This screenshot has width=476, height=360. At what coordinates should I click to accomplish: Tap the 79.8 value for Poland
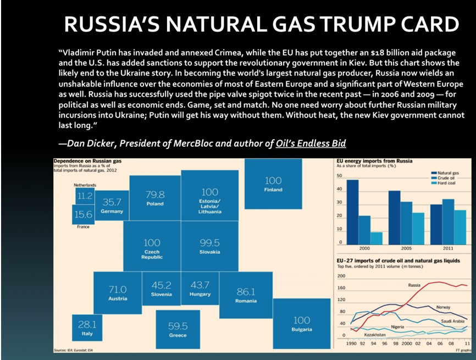(x=155, y=195)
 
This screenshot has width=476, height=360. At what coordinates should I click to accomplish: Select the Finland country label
(x=273, y=190)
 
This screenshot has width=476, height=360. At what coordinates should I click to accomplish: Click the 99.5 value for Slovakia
(x=210, y=242)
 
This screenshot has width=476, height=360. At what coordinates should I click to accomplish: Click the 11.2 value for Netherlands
(x=85, y=196)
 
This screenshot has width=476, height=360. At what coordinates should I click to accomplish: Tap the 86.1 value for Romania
(x=246, y=292)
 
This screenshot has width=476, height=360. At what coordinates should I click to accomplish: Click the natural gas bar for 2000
(x=352, y=212)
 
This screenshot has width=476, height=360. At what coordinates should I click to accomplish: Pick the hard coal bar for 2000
(x=377, y=238)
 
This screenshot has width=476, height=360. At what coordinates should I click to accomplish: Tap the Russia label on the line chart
(x=415, y=285)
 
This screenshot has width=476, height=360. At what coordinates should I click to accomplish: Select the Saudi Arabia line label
(x=453, y=320)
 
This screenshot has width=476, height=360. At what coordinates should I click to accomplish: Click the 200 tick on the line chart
(x=341, y=276)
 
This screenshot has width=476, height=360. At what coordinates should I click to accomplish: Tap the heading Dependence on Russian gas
(x=87, y=160)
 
